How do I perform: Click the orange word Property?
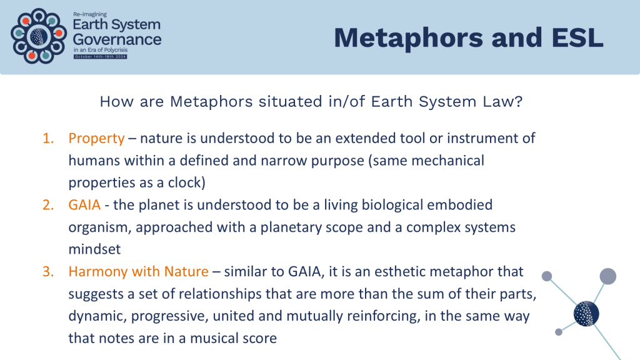click(x=96, y=139)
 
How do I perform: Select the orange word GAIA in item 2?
click(x=84, y=205)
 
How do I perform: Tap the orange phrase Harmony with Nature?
click(x=138, y=271)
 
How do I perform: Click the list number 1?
click(x=48, y=139)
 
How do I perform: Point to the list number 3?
click(x=48, y=272)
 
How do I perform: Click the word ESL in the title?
click(x=577, y=38)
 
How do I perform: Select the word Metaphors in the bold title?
click(x=409, y=39)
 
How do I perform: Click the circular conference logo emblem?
click(x=39, y=36)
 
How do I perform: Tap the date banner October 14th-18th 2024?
click(x=101, y=57)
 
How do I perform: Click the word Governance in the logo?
click(x=117, y=39)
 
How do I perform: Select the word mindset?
click(x=95, y=249)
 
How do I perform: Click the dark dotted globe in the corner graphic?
click(x=586, y=314)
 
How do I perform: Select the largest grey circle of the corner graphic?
click(x=607, y=276)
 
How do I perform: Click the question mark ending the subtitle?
click(x=519, y=101)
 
